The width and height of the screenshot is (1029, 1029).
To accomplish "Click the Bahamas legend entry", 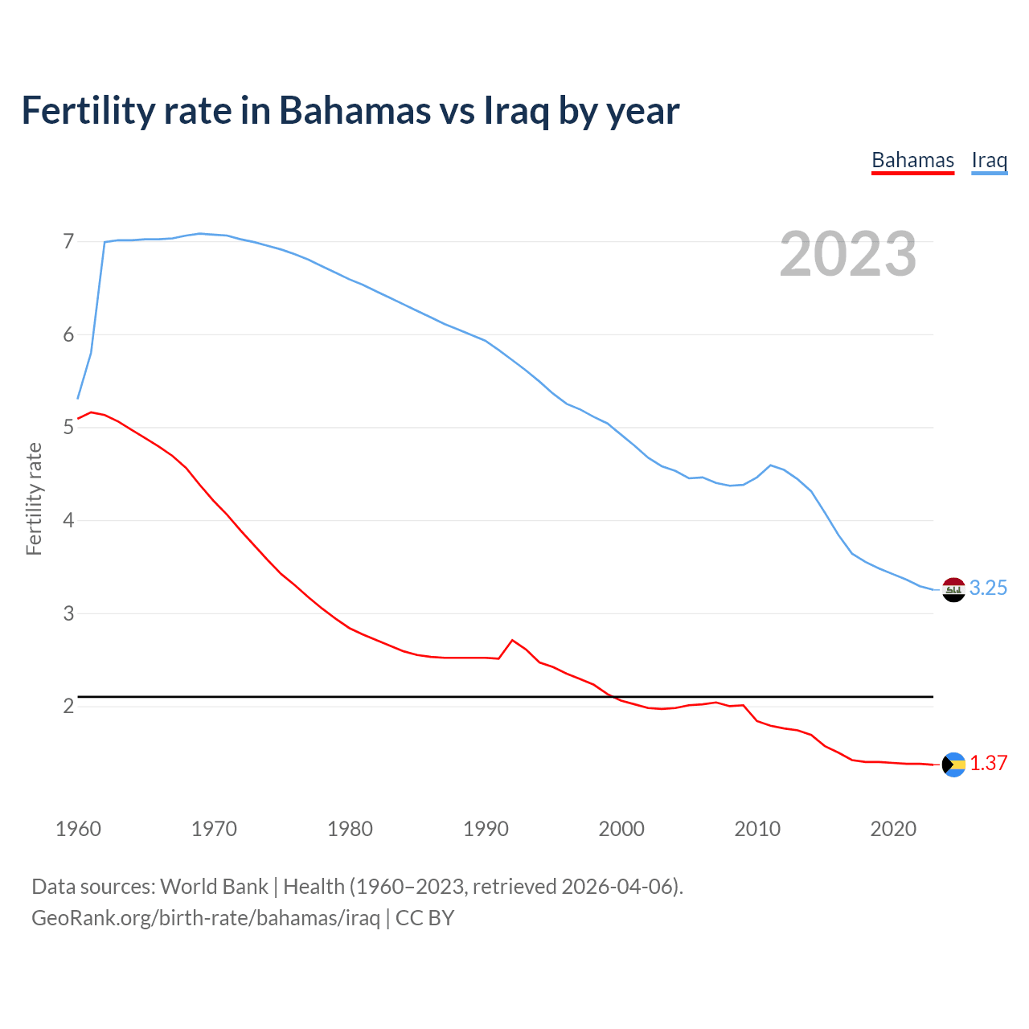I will pos(912,161).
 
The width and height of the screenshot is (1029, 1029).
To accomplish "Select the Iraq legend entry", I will pos(989,161).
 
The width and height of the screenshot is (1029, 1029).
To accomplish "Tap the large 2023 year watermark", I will pos(848,254).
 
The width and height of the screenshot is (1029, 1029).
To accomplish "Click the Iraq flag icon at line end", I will pos(953,589).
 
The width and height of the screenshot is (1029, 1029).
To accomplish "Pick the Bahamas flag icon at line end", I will pos(953,765).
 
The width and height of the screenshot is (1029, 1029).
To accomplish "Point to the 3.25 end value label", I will pos(988,588).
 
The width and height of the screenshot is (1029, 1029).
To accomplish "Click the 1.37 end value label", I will pos(988,764).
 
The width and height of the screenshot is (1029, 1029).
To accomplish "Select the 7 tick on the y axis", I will pos(68,242).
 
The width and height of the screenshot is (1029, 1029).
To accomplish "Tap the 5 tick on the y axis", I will pos(68,428).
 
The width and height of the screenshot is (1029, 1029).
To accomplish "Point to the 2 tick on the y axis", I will pos(68,707).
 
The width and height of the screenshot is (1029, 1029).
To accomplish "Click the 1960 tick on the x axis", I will pos(78,829).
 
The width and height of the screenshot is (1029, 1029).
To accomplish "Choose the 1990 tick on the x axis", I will pos(486,829).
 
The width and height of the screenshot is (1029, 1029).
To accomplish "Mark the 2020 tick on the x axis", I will pos(893,829).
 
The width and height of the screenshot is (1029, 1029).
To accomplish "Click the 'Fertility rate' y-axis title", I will pos(34,498).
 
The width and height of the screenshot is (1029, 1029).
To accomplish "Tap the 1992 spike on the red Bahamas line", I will pos(512,640).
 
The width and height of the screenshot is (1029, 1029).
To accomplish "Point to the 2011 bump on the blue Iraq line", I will pos(771,465).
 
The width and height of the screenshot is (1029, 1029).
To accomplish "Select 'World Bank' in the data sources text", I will pos(214,887).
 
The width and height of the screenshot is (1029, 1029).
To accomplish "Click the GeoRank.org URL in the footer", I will pos(205,918).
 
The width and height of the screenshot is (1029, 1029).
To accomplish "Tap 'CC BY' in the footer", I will pos(425,918).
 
